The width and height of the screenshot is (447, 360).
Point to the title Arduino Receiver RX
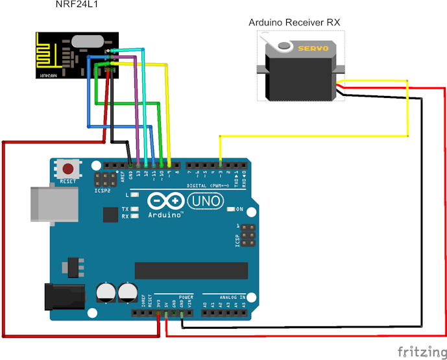295,23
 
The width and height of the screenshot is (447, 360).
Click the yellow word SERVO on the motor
313,49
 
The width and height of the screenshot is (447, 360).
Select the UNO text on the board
208,202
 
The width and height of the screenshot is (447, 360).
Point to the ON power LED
231,209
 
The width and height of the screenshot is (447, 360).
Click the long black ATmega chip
191,270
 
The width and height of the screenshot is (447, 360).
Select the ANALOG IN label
232,298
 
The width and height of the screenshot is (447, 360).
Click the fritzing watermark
422,352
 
